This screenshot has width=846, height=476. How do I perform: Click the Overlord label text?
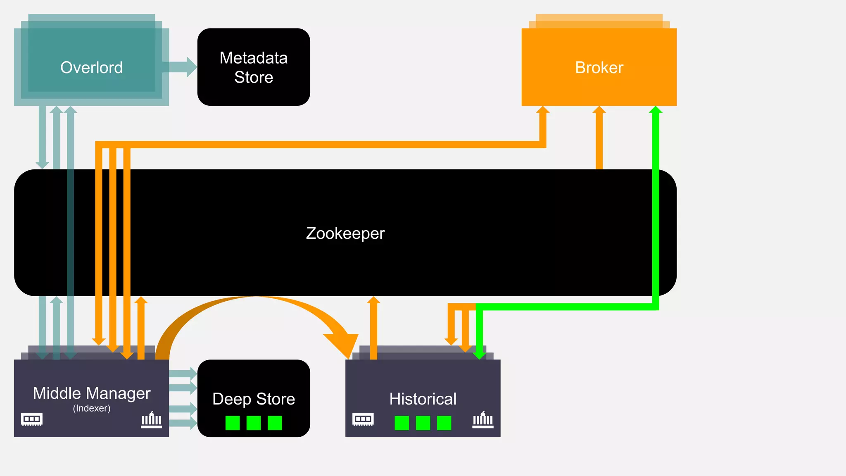91,67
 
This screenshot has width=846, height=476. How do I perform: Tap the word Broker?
599,67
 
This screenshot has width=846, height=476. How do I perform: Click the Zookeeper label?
345,233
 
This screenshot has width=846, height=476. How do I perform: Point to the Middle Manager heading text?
91,393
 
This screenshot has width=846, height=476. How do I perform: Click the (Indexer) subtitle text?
91,408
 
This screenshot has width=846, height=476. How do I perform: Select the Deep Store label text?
254,399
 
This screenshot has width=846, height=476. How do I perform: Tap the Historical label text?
423,399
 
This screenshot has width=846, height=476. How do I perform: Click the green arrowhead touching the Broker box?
656,110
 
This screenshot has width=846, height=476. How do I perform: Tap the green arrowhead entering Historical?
479,355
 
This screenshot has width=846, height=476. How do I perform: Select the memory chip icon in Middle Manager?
32,419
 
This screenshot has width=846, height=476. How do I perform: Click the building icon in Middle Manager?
152,420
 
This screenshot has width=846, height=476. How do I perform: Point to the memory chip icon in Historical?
363,419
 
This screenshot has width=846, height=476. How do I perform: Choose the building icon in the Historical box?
483,420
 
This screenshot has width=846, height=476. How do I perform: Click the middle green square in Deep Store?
254,423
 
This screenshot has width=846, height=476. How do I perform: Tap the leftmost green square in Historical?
402,423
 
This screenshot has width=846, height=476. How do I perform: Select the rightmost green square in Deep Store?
275,423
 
